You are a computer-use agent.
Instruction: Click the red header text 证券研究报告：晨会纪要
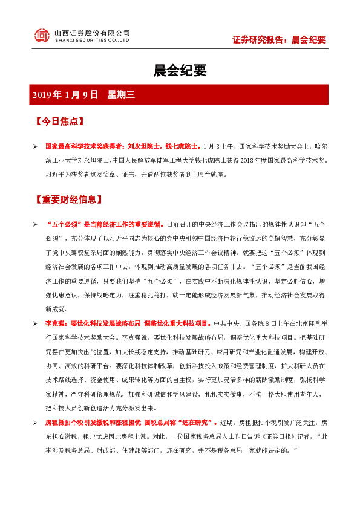coord(279,40)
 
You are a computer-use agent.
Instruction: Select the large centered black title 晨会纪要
coord(180,71)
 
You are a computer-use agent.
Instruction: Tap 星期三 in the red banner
coord(120,94)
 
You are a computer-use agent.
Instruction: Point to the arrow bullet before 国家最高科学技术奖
coord(36,146)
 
